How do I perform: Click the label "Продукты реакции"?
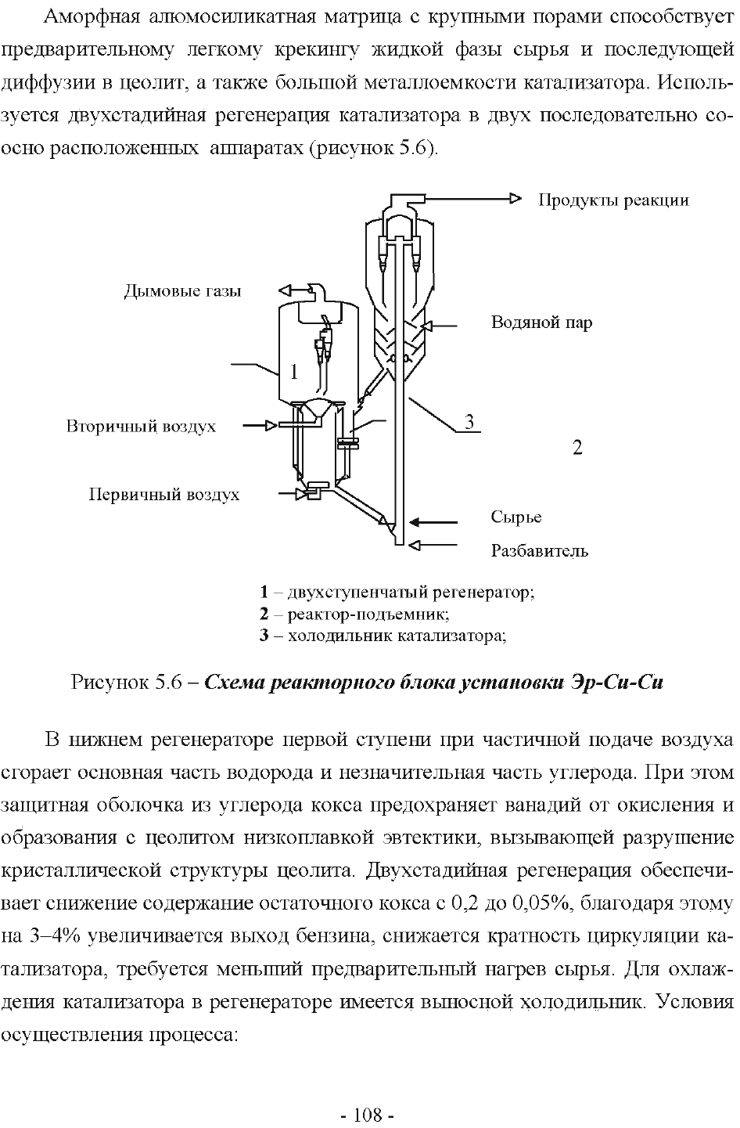coord(613,201)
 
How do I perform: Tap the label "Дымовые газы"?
coord(182,291)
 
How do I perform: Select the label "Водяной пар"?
coord(541,323)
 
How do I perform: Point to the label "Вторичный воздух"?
coord(141,427)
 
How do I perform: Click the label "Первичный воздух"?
coord(164,495)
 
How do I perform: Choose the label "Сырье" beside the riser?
coord(516,517)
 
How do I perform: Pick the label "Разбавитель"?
coord(539,551)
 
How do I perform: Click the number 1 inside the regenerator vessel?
coord(294,372)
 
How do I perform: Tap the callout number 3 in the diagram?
coord(469,421)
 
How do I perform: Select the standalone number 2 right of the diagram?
coord(577,447)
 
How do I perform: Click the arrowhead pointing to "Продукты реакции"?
coord(515,199)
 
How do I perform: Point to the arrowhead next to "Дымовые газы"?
coord(286,290)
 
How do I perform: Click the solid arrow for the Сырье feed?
coord(433,523)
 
